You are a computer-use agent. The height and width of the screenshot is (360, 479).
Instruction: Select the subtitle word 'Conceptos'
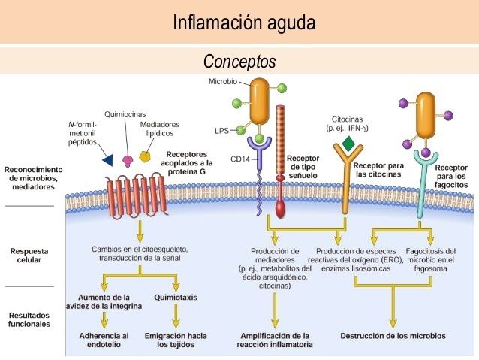pos(239,61)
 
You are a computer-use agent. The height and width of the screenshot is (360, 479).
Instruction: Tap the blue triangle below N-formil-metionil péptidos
pos(107,160)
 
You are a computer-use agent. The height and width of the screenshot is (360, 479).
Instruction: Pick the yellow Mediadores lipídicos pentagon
pos(146,156)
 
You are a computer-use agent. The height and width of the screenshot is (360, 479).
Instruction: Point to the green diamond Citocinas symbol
pos(348,143)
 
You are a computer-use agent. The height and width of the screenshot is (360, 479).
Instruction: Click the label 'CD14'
pos(239,159)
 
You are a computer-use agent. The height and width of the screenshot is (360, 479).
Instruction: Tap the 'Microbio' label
pos(222,81)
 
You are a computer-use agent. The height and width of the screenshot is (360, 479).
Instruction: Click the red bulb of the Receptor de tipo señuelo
pos(280,208)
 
